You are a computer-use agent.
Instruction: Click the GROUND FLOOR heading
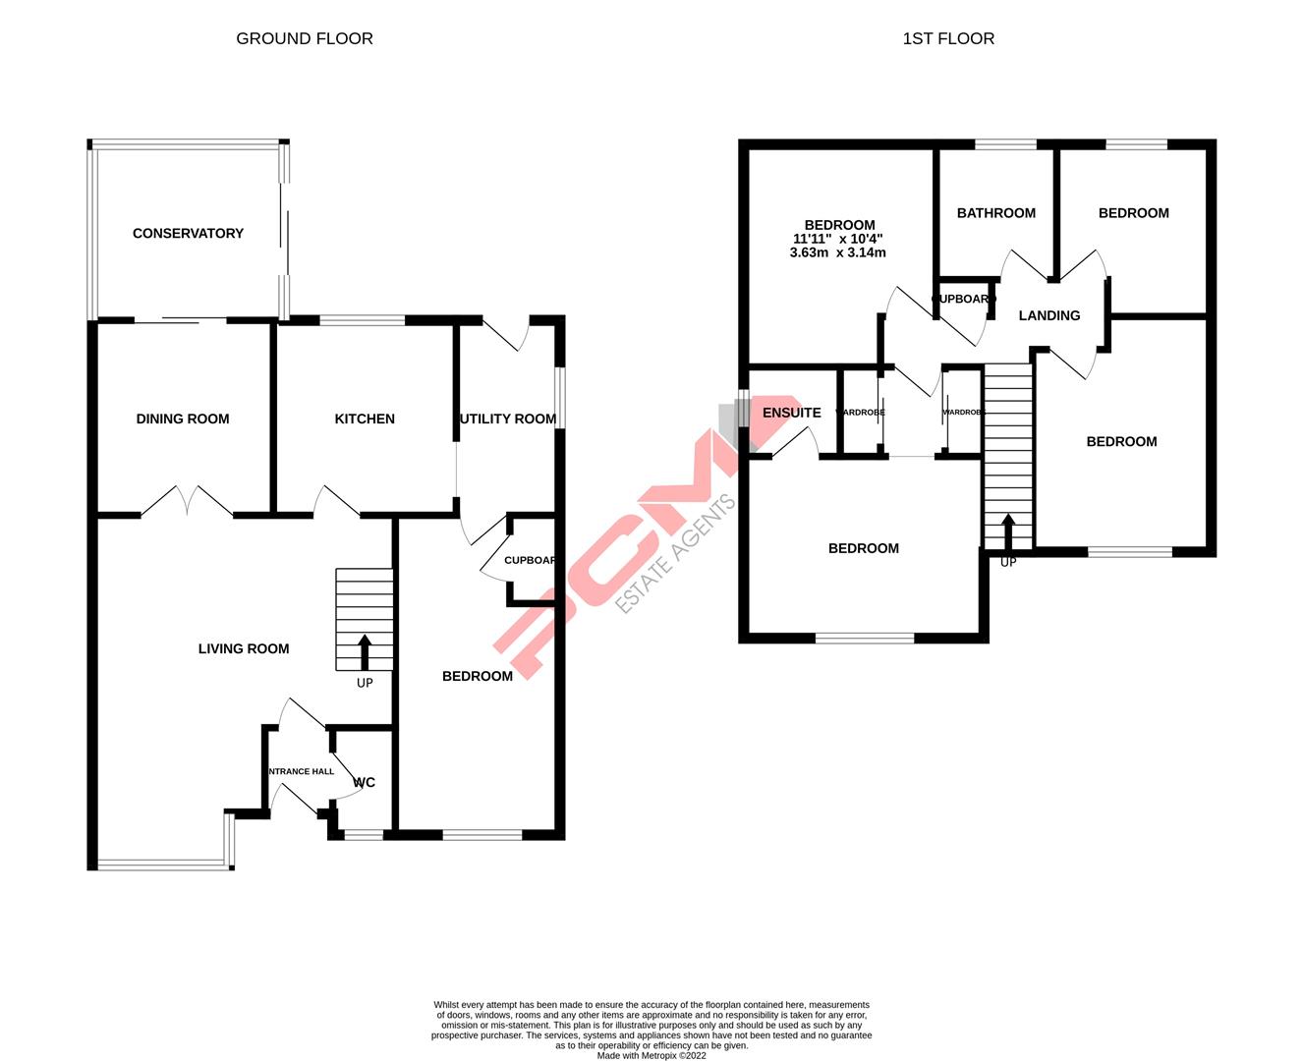[x=305, y=39]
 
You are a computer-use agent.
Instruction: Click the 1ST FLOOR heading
[x=948, y=39]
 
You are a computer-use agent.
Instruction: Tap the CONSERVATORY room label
[x=188, y=234]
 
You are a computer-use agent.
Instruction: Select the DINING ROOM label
[x=183, y=419]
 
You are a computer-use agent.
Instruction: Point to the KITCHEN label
[x=365, y=419]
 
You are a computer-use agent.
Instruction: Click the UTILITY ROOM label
[x=508, y=419]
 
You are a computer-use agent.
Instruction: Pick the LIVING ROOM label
[x=244, y=649]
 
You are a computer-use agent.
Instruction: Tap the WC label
[x=365, y=783]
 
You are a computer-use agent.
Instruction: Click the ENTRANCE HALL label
[x=301, y=772]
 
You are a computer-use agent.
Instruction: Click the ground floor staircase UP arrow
[x=365, y=652]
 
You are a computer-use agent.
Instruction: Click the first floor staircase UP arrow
[x=1007, y=531]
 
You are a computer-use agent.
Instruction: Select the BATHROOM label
[x=995, y=213]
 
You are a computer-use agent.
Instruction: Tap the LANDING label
[x=1048, y=316]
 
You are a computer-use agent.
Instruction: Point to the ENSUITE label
[x=791, y=414]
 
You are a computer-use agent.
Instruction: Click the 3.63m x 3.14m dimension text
[x=837, y=252]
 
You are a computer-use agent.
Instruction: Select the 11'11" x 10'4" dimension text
[x=837, y=239]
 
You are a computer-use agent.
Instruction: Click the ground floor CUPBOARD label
[x=530, y=561]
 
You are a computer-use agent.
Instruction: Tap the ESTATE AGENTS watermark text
[x=675, y=554]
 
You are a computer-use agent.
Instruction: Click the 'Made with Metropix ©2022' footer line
[x=651, y=1056]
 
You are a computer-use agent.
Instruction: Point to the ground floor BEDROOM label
[x=478, y=677]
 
